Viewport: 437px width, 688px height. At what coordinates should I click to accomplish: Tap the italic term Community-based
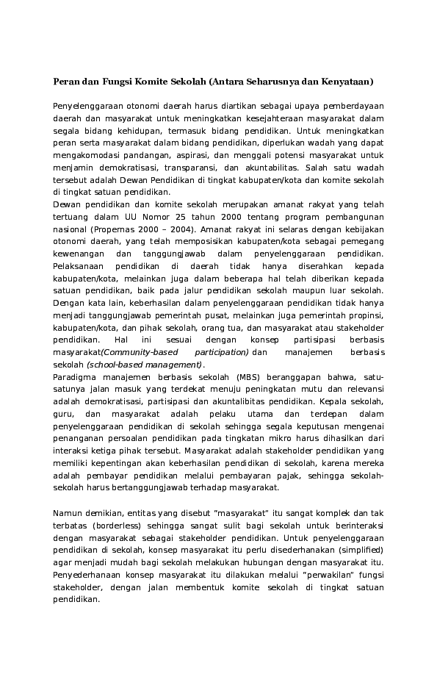pyautogui.click(x=140, y=353)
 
